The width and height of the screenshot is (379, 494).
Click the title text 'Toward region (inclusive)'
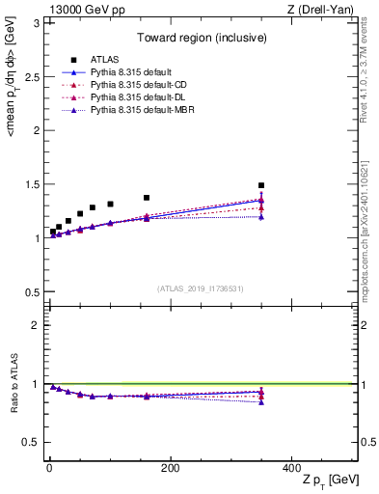[201, 39]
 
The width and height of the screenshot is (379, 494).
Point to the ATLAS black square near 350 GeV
[261, 185]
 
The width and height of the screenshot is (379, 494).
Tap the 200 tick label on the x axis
[170, 467]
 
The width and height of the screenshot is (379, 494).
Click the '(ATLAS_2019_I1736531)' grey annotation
[201, 288]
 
